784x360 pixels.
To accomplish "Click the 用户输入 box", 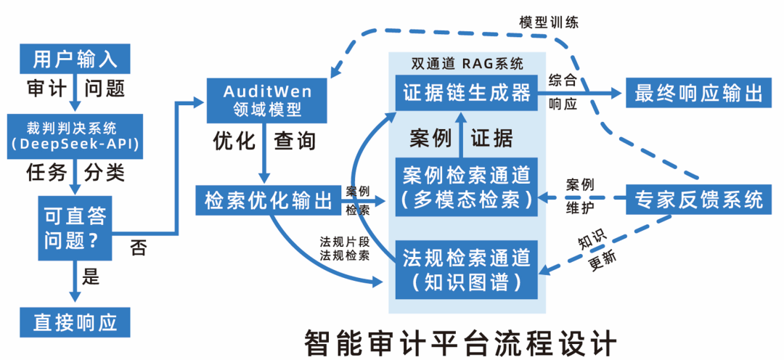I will coord(75,57).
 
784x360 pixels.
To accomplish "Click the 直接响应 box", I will coord(75,322).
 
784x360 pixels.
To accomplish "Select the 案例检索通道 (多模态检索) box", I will coord(465,186).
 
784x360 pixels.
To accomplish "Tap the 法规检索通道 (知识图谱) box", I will coord(465,269).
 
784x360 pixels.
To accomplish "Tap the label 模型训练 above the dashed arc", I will coord(549,21).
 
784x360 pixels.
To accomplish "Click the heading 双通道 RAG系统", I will coord(465,64).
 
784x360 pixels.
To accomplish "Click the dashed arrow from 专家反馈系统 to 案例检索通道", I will coord(581,197).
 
